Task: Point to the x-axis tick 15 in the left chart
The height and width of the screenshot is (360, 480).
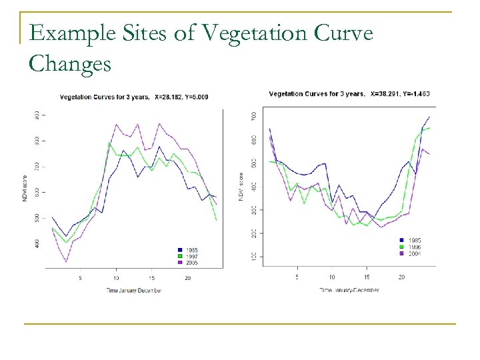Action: pyautogui.click(x=152, y=277)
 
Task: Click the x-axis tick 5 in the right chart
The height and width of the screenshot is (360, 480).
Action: pyautogui.click(x=297, y=277)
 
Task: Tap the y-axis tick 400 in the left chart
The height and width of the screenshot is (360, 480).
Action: pyautogui.click(x=37, y=244)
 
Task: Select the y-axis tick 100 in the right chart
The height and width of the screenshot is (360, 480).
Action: pyautogui.click(x=253, y=257)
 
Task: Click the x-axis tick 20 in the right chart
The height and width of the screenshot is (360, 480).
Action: pyautogui.click(x=401, y=277)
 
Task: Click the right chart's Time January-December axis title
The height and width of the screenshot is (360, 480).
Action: pyautogui.click(x=349, y=290)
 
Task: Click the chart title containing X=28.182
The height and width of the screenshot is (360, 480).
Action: pyautogui.click(x=134, y=97)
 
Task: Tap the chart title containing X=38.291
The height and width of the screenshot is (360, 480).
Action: pyautogui.click(x=350, y=94)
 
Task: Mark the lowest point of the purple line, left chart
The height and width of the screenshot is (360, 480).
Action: pyautogui.click(x=66, y=261)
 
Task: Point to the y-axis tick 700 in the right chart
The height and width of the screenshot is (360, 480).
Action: pyautogui.click(x=253, y=116)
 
